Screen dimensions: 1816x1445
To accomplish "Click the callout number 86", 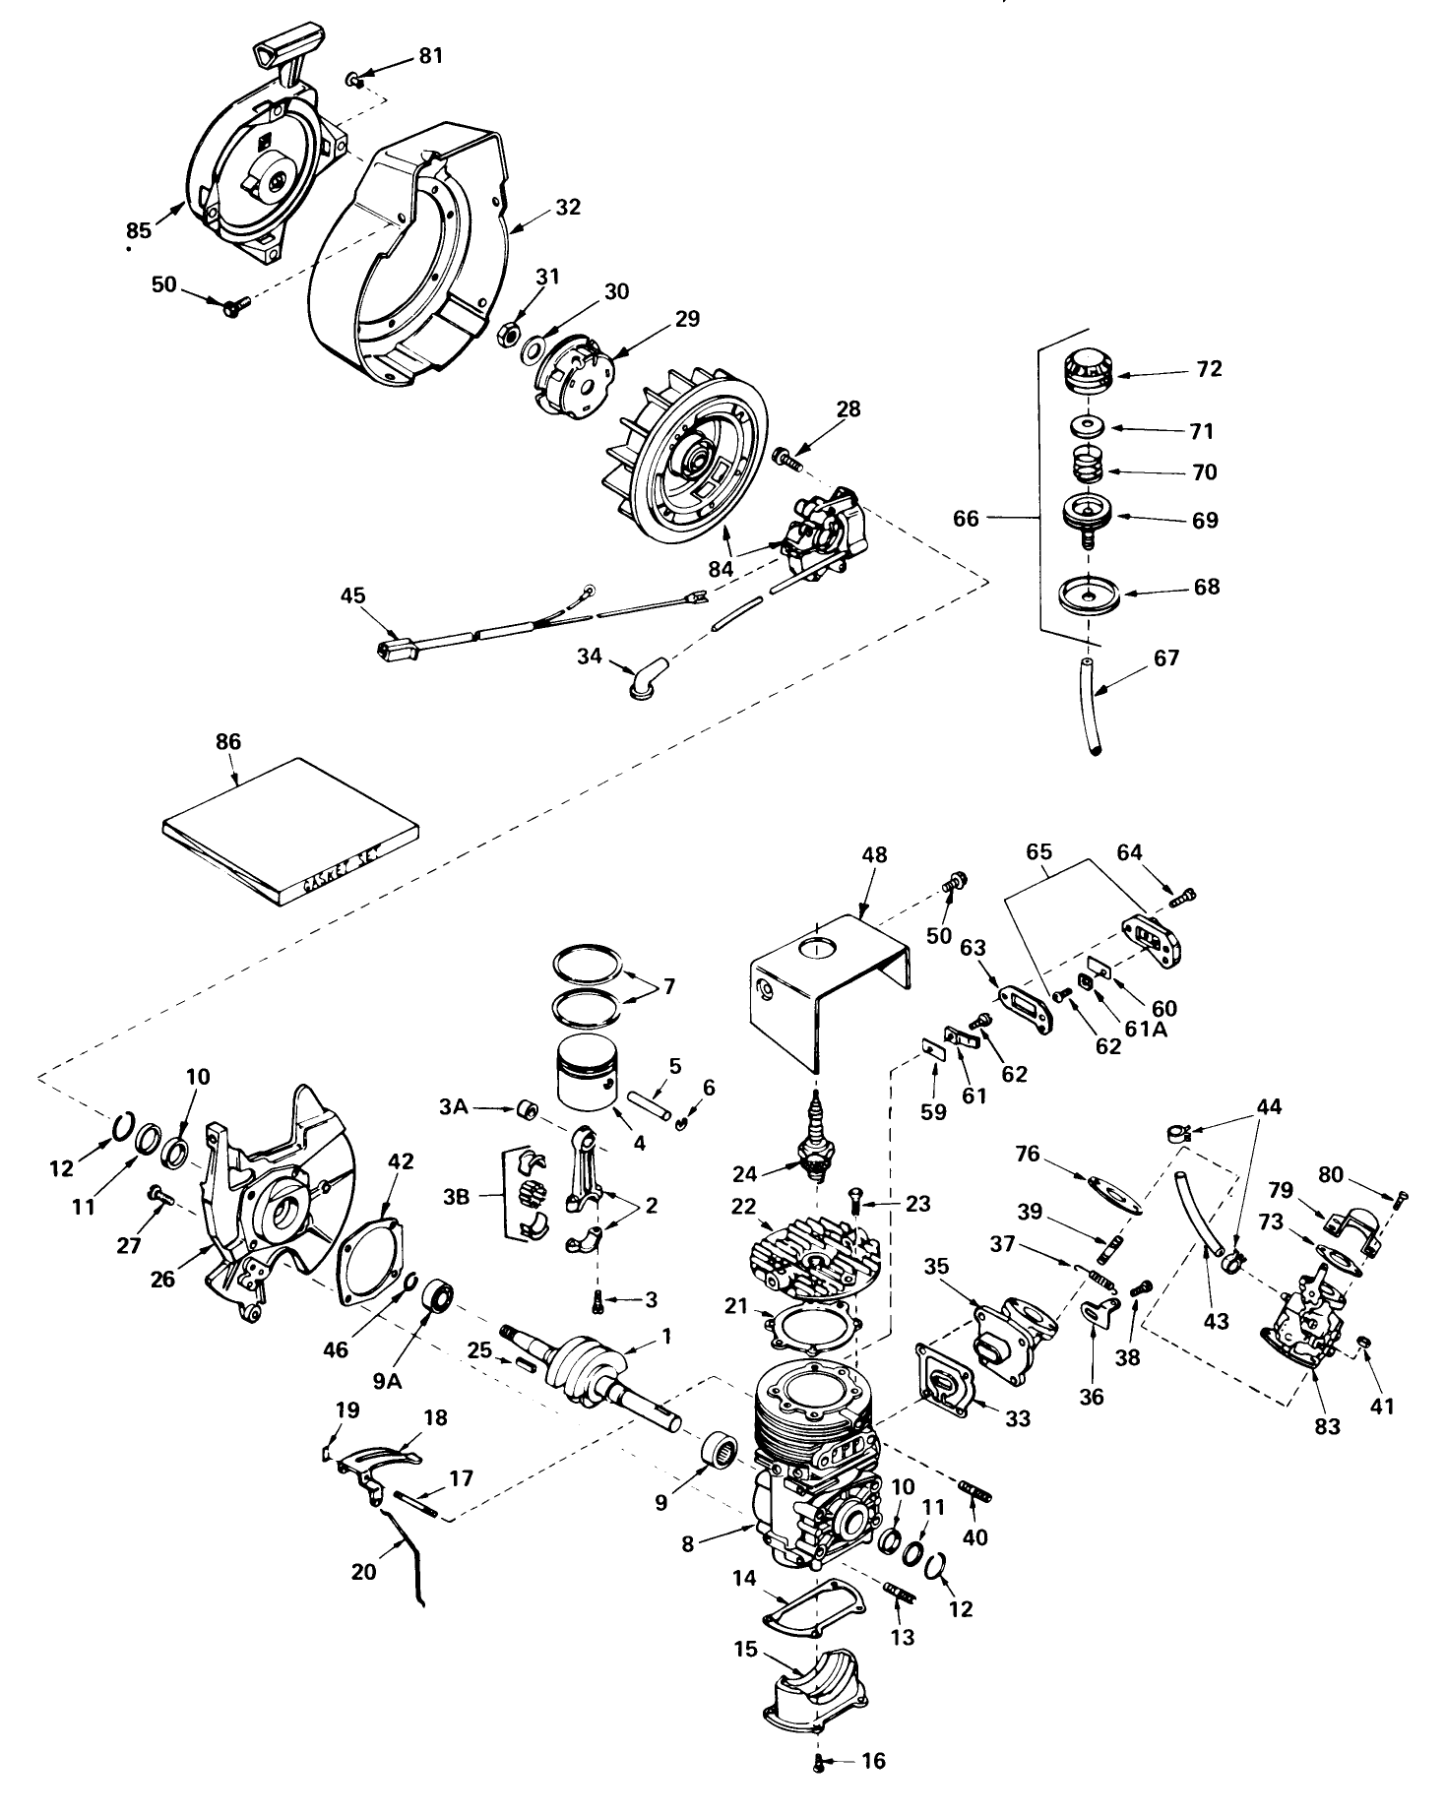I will coord(227,742).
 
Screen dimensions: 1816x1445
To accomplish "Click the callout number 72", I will coord(1209,369).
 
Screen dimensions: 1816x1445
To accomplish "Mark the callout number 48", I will coord(874,855).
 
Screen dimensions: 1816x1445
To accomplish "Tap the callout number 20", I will coord(363,1572).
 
